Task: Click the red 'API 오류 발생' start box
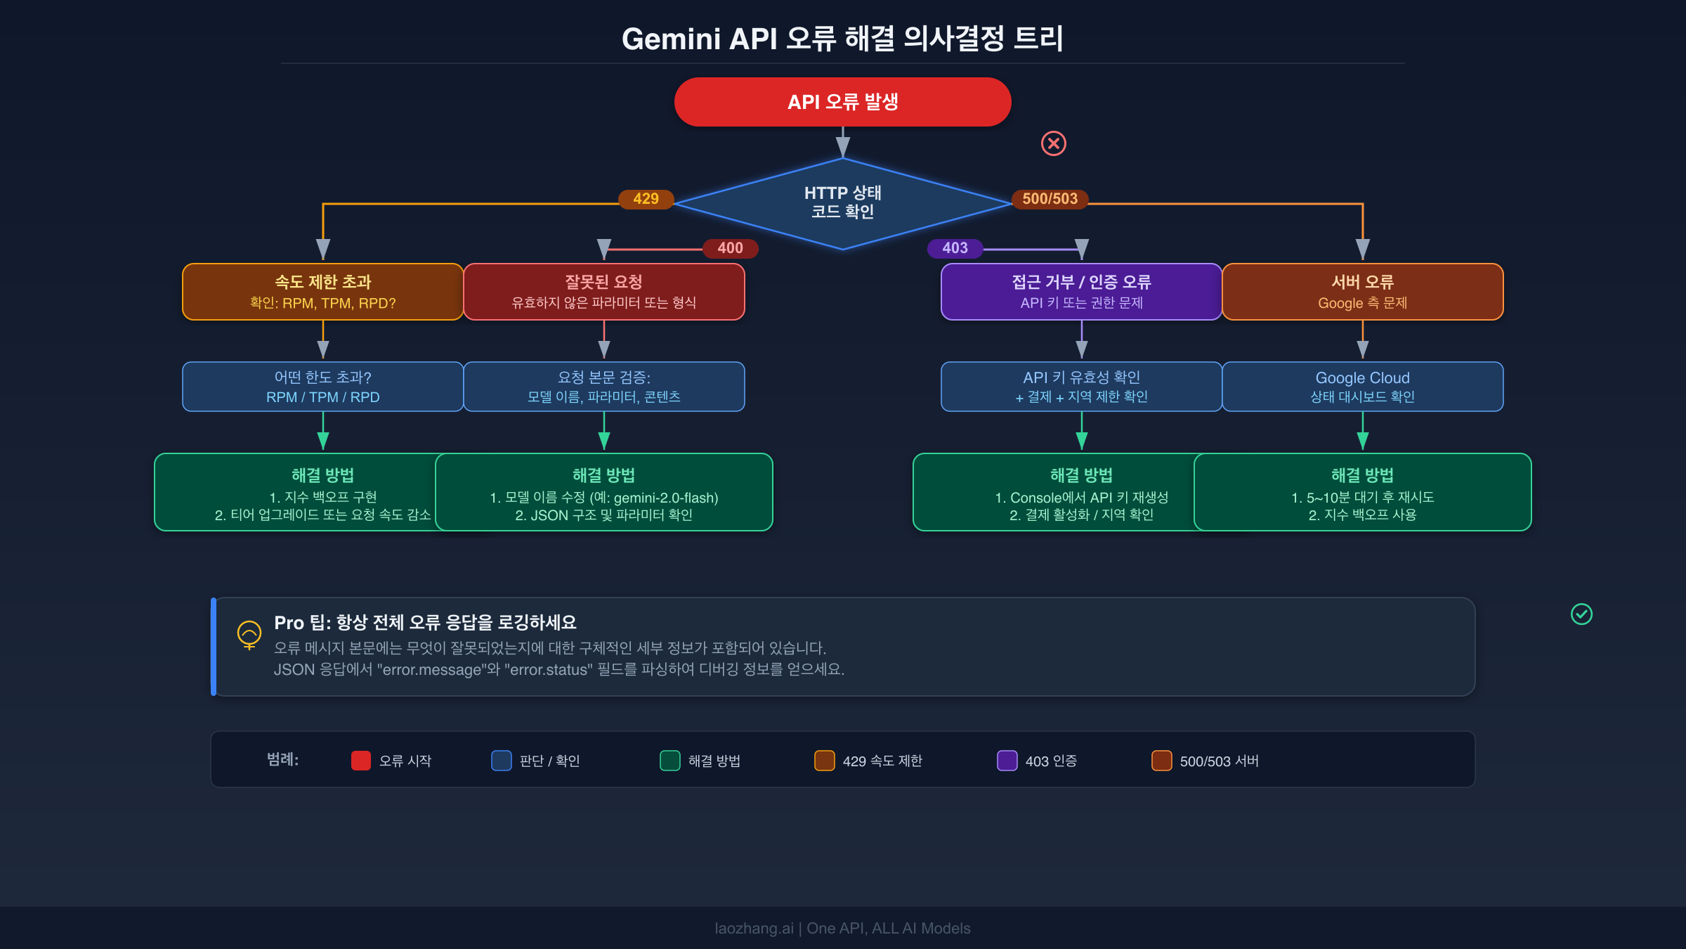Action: click(x=842, y=102)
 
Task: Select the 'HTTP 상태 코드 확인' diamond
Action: click(x=842, y=202)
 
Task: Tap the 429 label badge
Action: click(x=646, y=199)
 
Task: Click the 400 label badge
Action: click(x=730, y=248)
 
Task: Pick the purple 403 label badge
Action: click(x=955, y=248)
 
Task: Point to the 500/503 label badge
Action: click(x=1050, y=199)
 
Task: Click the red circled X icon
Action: click(x=1053, y=143)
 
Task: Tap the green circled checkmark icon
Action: click(x=1581, y=614)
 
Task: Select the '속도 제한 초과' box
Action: click(x=322, y=292)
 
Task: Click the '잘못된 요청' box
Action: click(x=603, y=292)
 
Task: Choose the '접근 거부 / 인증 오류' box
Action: click(x=1081, y=292)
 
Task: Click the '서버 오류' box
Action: click(x=1362, y=292)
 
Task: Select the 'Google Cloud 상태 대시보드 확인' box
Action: click(x=1362, y=387)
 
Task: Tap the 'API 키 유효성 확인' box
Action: click(x=1081, y=387)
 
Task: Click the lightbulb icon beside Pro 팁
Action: click(x=249, y=635)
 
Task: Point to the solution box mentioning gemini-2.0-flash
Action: click(x=603, y=492)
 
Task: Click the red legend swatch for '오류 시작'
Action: click(x=361, y=761)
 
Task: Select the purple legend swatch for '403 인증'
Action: click(x=1007, y=761)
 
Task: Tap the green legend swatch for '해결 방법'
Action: click(x=670, y=761)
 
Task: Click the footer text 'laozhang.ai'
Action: click(x=753, y=928)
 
